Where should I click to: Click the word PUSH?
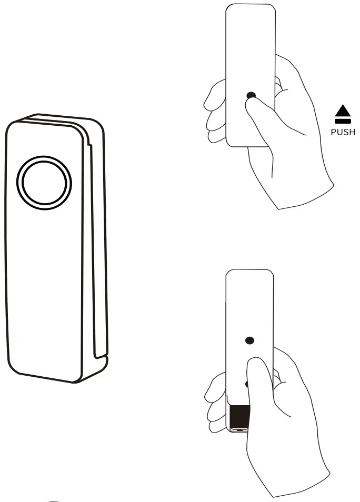coord(343,132)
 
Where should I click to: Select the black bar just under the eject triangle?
coord(343,122)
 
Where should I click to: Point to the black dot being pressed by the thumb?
coord(251,96)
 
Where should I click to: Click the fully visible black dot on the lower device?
coord(249,340)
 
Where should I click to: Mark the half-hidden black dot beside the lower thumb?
coord(247,384)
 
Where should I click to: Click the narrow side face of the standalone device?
coord(95,237)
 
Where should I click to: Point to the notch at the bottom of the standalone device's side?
coord(102,358)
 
